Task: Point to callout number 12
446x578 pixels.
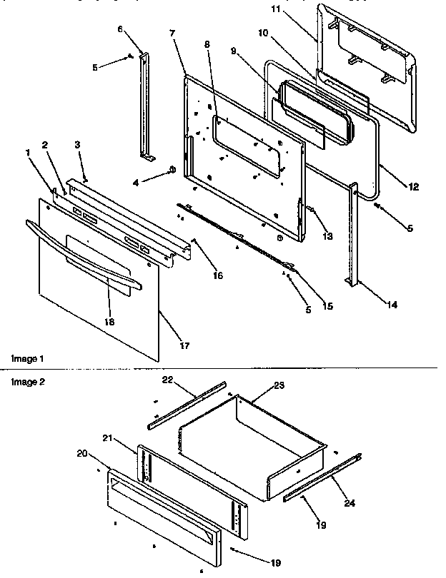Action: click(x=414, y=187)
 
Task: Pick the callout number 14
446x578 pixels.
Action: click(x=392, y=305)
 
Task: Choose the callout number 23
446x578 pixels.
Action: click(x=278, y=385)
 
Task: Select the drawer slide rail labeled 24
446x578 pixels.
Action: click(x=322, y=477)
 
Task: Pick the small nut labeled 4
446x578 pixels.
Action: click(x=172, y=169)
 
